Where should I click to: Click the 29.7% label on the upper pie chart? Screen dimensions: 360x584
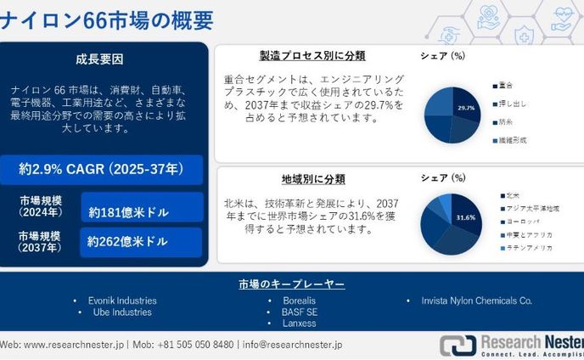(x=465, y=109)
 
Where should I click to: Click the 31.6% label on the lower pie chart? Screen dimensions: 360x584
(x=465, y=217)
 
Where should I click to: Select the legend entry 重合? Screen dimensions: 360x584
(x=505, y=85)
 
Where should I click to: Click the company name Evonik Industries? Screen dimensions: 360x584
(x=122, y=301)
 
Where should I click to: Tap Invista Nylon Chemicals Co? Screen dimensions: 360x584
(x=476, y=301)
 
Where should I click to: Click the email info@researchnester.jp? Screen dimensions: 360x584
(x=292, y=345)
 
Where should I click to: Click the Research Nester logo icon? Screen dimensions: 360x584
(x=457, y=346)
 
